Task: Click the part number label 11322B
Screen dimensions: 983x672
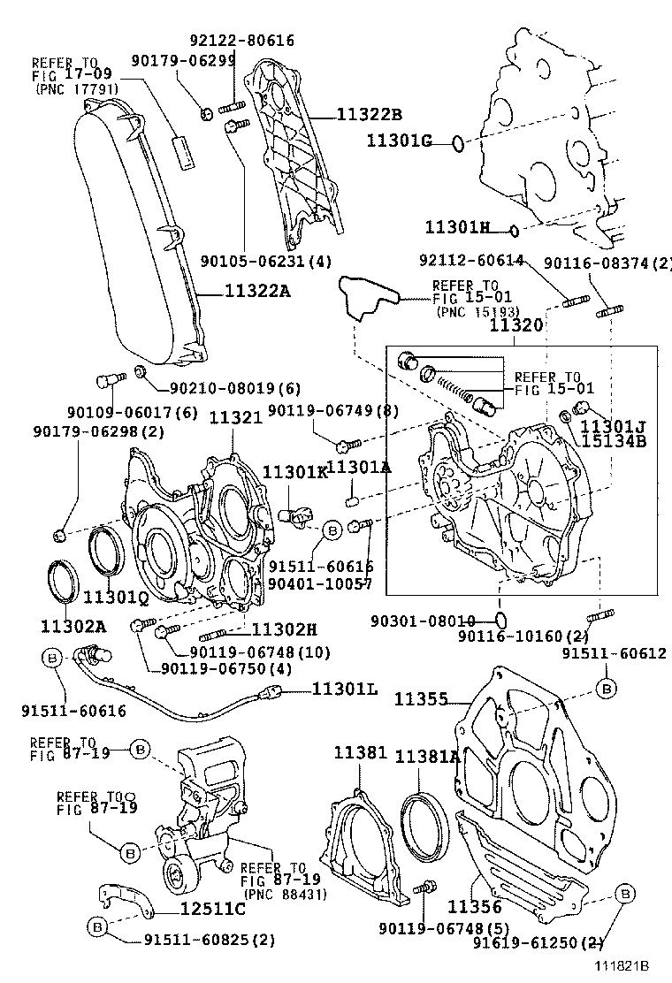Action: [x=369, y=114]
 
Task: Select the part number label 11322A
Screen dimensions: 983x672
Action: [x=257, y=290]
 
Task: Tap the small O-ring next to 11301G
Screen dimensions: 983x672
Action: [x=455, y=141]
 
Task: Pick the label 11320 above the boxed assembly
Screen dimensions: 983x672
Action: [x=516, y=325]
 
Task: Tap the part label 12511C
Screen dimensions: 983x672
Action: [x=212, y=908]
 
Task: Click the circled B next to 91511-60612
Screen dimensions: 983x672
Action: [x=607, y=688]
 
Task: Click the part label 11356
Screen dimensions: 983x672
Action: [x=475, y=907]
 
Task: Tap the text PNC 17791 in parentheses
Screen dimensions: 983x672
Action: [x=77, y=89]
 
